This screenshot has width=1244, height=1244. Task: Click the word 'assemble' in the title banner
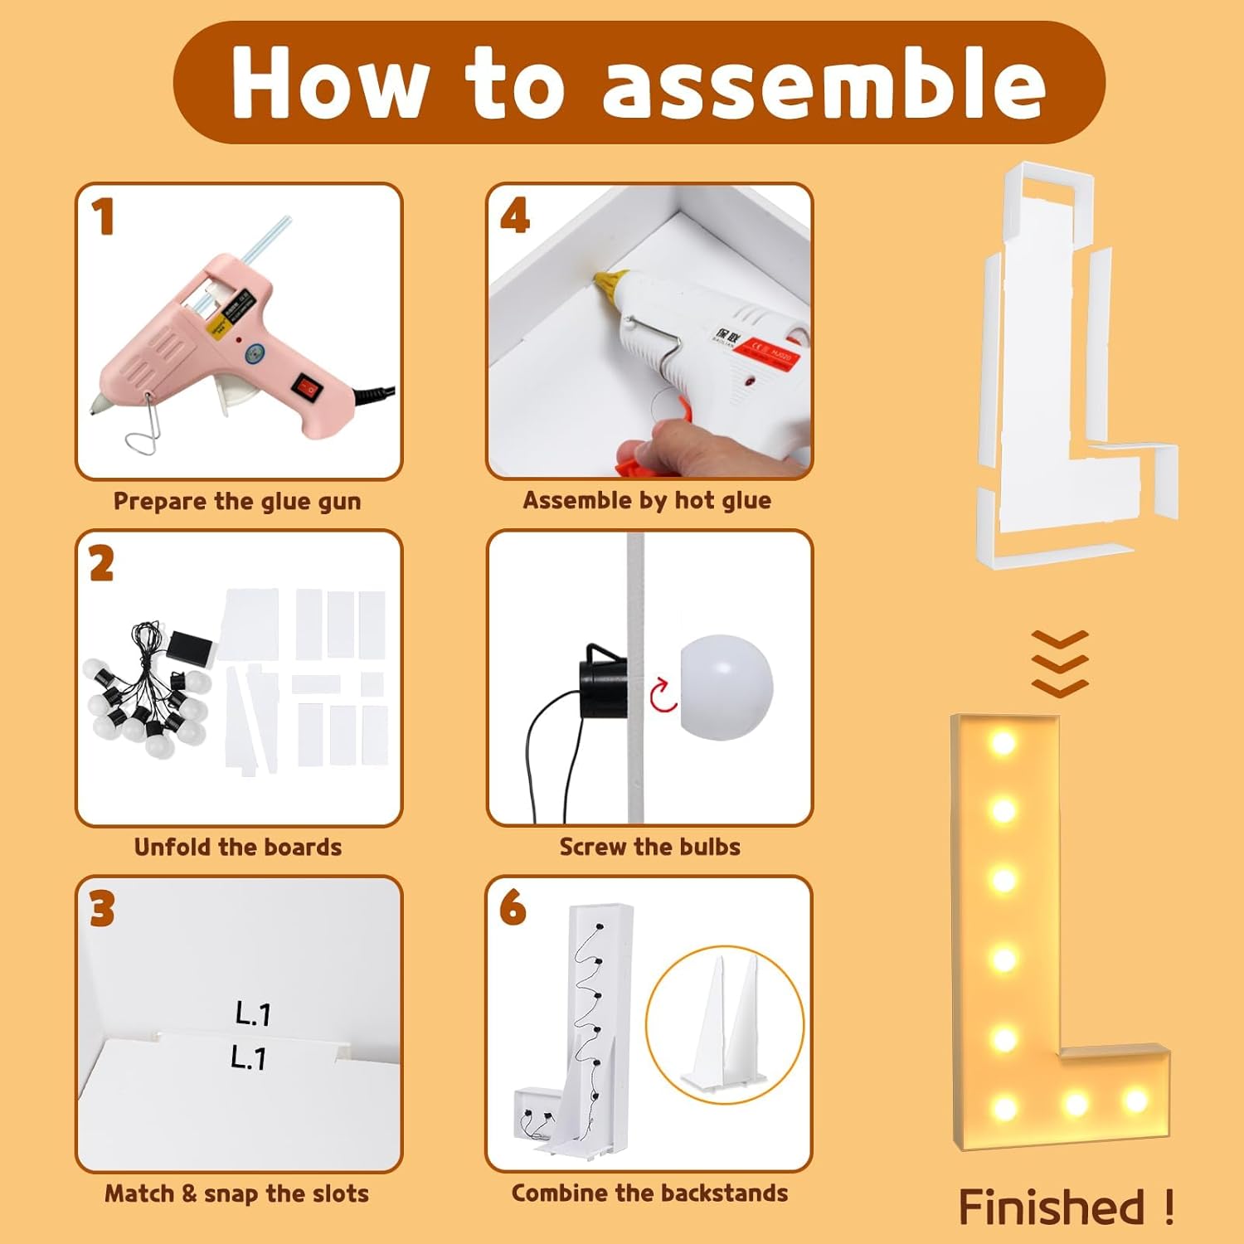pyautogui.click(x=823, y=84)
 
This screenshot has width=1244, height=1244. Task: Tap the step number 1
pyautogui.click(x=103, y=217)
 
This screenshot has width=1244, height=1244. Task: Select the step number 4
pyautogui.click(x=515, y=216)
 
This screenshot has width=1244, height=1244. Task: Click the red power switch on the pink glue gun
pyautogui.click(x=304, y=386)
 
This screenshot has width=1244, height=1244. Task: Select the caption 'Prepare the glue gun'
pyautogui.click(x=237, y=502)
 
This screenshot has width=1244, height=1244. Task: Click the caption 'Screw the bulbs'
pyautogui.click(x=649, y=847)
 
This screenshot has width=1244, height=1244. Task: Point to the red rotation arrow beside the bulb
pyautogui.click(x=663, y=695)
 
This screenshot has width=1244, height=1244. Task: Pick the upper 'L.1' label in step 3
pyautogui.click(x=253, y=1013)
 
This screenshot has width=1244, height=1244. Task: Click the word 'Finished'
pyautogui.click(x=1052, y=1207)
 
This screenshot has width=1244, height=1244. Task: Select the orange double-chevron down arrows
pyautogui.click(x=1060, y=663)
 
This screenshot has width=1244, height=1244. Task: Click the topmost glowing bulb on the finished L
pyautogui.click(x=1003, y=741)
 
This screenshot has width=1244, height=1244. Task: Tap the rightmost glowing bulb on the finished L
pyautogui.click(x=1135, y=1101)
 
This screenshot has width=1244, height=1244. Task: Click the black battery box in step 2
pyautogui.click(x=192, y=648)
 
